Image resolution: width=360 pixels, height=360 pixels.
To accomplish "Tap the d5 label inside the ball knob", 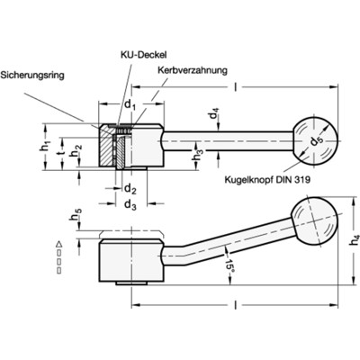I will coord(314,140).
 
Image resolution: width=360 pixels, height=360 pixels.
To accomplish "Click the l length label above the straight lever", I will coord(236,87).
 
